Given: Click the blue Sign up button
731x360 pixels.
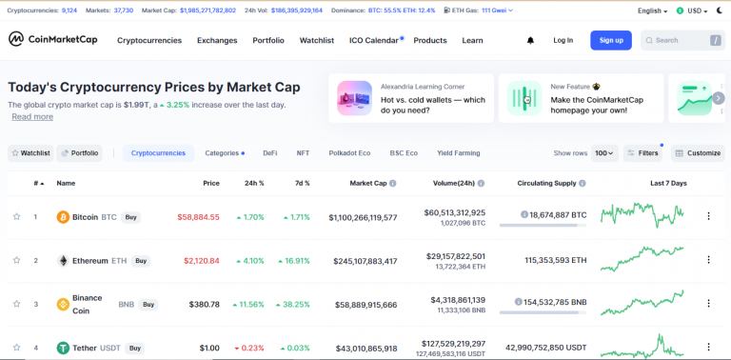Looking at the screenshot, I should point(611,40).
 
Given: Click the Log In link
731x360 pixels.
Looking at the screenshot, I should point(563,40).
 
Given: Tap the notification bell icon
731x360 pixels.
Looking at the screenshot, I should point(530,41).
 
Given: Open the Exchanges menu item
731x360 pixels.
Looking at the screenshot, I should point(217,41).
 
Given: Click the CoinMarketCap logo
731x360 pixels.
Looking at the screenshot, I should point(52,40).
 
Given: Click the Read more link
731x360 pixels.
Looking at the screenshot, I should point(32,116).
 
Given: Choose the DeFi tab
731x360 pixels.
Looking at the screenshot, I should point(270,152).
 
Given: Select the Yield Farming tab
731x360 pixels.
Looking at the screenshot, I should point(459,152).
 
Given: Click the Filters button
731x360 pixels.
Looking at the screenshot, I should point(642,152).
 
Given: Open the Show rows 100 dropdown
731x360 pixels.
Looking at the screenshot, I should point(604,152).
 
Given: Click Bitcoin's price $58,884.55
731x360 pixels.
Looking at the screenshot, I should point(198,217).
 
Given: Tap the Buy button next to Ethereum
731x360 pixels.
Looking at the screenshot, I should point(141,261).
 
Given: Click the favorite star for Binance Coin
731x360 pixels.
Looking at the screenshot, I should point(16,304).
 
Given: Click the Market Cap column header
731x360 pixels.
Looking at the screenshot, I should point(367,183).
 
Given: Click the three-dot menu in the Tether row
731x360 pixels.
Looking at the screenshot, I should point(708,348).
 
